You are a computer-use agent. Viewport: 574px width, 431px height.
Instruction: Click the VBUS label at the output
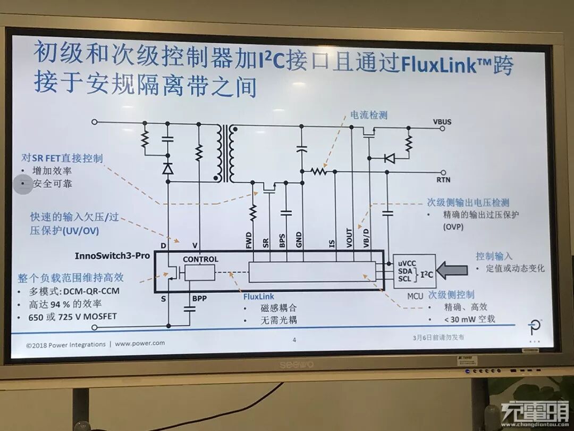click(x=442, y=122)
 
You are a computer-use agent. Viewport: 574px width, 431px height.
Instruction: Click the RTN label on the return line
click(x=443, y=180)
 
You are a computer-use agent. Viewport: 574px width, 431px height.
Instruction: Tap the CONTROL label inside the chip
click(x=200, y=259)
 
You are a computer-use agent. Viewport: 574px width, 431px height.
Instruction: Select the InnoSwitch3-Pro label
click(x=112, y=255)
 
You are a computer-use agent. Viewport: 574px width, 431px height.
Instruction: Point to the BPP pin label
click(x=199, y=299)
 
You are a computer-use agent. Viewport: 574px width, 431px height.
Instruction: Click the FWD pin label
click(x=249, y=241)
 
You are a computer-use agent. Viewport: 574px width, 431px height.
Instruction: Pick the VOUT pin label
click(x=349, y=238)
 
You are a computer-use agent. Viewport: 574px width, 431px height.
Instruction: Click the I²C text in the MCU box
click(x=426, y=275)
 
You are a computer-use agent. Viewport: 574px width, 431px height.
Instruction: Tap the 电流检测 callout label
click(x=369, y=115)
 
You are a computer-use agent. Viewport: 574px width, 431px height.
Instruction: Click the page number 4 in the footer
click(x=294, y=339)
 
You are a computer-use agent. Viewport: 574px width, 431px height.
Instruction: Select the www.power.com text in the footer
click(x=140, y=344)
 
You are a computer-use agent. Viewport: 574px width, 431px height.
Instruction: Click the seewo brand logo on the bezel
click(x=297, y=364)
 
